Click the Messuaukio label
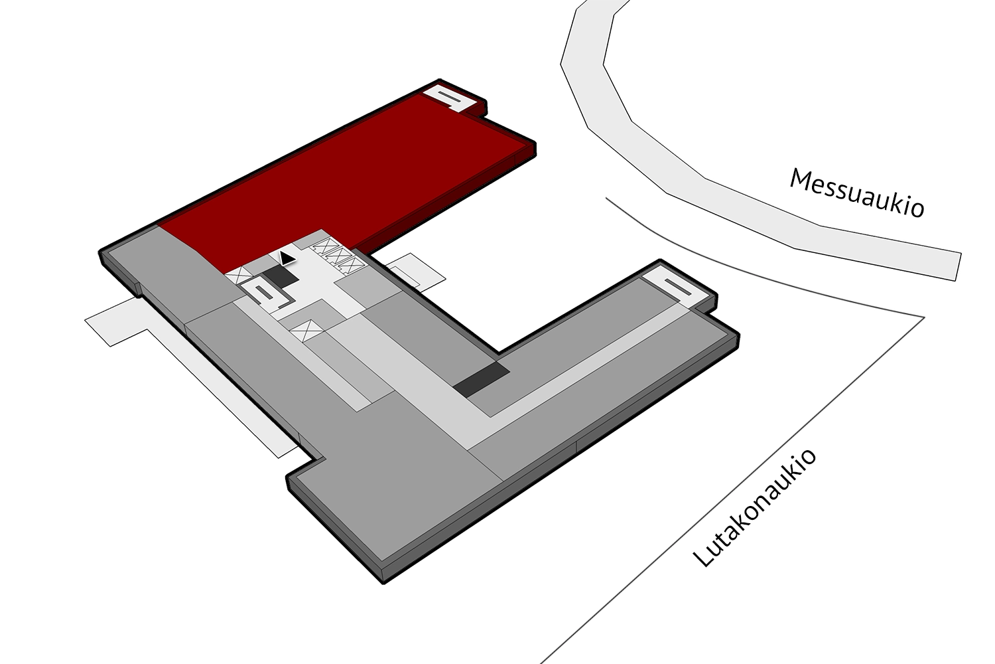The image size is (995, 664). (x=856, y=193)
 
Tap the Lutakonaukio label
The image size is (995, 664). (x=754, y=508)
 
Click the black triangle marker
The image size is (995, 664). (x=287, y=258)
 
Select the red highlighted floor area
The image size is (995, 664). (x=346, y=178)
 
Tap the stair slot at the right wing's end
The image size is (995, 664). (x=679, y=287)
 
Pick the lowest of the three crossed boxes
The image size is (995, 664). (x=352, y=266)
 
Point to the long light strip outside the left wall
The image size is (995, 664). (x=191, y=374)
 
